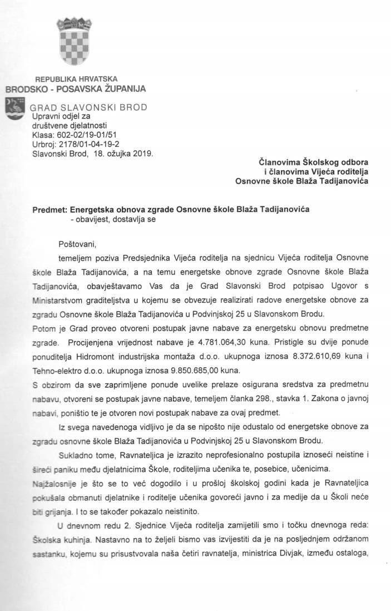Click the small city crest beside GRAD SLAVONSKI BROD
[15, 109]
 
